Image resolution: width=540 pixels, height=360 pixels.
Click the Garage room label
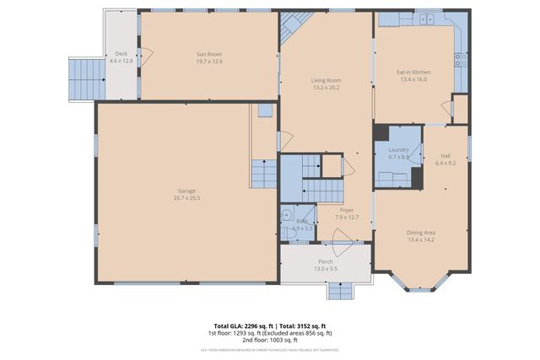click(187, 191)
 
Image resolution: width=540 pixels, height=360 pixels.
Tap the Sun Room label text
click(208, 53)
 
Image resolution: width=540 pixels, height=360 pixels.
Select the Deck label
click(121, 53)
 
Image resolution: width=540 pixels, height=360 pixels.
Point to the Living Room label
click(326, 80)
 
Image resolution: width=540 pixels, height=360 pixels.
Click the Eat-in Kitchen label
click(413, 73)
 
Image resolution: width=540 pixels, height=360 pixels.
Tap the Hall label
click(445, 155)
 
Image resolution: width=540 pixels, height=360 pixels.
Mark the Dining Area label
click(421, 233)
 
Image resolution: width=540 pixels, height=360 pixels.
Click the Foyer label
click(346, 209)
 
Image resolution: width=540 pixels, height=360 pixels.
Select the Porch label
click(326, 261)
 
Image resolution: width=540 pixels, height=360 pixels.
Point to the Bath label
click(302, 221)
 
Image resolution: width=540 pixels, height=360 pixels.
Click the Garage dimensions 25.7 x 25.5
click(187, 198)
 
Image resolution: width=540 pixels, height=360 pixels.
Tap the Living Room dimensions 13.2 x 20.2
click(326, 87)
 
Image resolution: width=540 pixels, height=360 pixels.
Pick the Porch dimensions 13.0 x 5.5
click(326, 269)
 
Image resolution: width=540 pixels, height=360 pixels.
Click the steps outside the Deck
click(84, 78)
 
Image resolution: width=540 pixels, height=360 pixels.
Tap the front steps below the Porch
click(341, 291)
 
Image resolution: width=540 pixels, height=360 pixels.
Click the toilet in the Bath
click(288, 215)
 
